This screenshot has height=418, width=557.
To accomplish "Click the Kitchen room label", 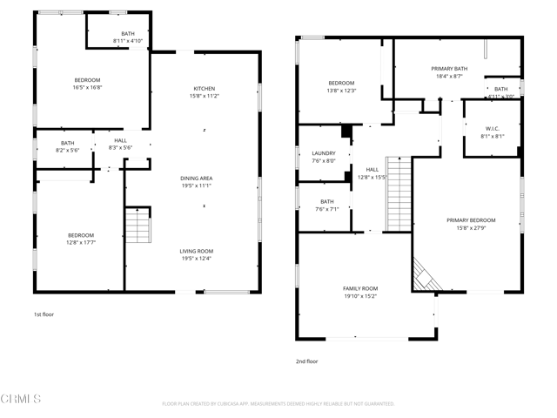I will pos(205,88).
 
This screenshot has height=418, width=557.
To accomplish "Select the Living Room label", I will pos(196,251).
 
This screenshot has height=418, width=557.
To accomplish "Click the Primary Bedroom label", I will pos(471,220).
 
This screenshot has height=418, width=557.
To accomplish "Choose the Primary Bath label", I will pos(449,69).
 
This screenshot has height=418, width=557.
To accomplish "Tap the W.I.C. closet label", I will pos(492,129).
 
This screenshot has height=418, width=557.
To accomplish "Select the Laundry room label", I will pos(324,153).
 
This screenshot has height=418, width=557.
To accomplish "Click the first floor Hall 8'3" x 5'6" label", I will pos(120,144).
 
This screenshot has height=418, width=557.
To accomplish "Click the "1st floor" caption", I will pos(44,314).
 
